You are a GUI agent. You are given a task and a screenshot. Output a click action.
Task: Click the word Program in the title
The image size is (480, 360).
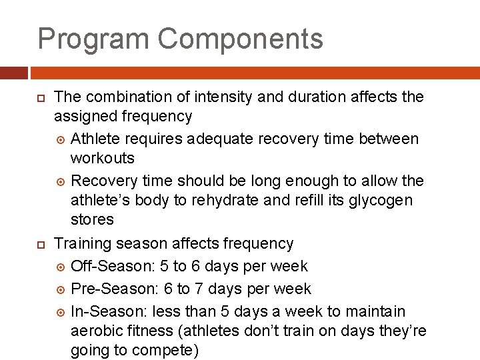pos(93,39)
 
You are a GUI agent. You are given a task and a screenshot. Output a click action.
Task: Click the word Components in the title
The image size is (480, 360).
pos(241,39)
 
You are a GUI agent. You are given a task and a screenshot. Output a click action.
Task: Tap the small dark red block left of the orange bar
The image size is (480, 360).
pos(13,72)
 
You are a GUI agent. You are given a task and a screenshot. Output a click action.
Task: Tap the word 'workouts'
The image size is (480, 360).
pos(103,159)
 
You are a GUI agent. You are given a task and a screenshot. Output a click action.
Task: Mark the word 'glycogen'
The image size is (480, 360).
pos(381,201)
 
